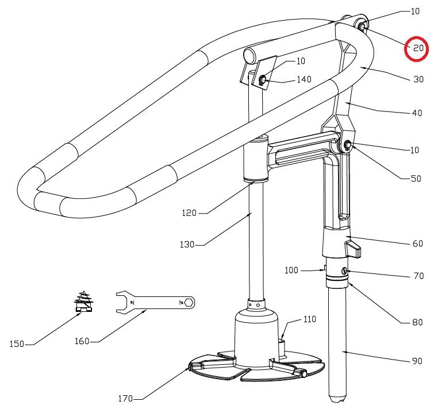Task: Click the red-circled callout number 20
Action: (x=418, y=48)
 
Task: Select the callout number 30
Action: (x=418, y=80)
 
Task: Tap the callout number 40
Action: (x=417, y=113)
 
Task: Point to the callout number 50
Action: (x=416, y=179)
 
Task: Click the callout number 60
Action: (x=417, y=244)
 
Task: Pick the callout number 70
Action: (x=418, y=276)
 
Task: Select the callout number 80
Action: (x=417, y=322)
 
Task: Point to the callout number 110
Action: (x=310, y=319)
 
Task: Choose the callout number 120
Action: (x=189, y=213)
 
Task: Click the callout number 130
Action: (x=187, y=245)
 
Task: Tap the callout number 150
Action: (x=18, y=344)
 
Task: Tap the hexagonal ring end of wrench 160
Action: (x=189, y=302)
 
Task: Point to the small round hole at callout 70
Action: (x=344, y=271)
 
